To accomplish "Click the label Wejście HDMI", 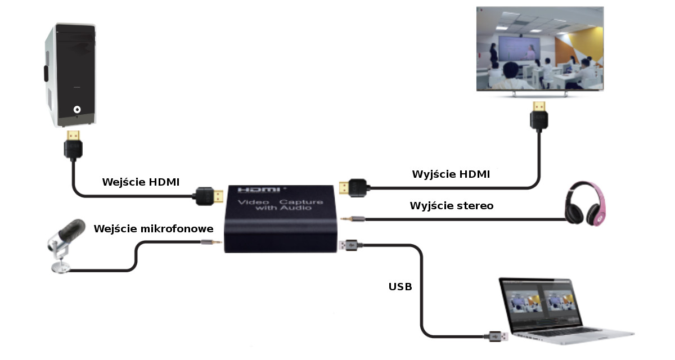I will (140, 182).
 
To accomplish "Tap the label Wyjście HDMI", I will (451, 174).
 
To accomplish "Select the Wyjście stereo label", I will (451, 206).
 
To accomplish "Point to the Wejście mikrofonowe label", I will (154, 229).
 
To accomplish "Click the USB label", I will (400, 287).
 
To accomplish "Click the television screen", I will (540, 49).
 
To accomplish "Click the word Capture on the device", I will (301, 201).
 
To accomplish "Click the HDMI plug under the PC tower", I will (74, 145).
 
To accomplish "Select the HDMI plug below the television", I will (538, 115).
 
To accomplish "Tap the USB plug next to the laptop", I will (496, 336).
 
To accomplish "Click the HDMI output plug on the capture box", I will (354, 187).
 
